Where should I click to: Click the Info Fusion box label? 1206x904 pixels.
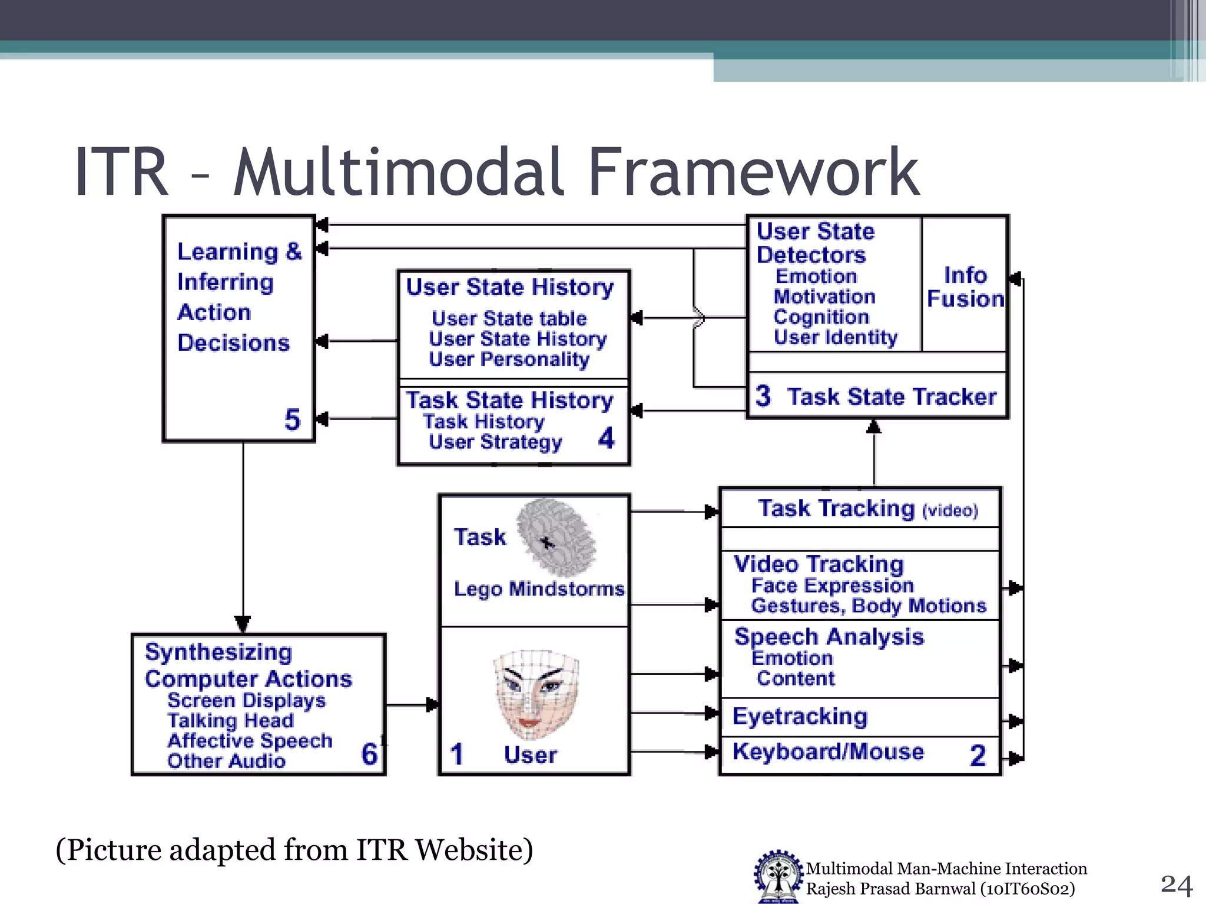point(965,287)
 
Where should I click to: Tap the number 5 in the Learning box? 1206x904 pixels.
point(292,420)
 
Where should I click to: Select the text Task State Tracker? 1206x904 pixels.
point(892,397)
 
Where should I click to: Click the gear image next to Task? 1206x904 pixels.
point(555,537)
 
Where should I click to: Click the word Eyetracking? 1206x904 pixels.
point(800,716)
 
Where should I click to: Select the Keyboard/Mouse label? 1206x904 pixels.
point(828,752)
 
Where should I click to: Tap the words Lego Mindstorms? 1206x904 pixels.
point(539,589)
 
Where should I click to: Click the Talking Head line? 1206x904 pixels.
point(230,720)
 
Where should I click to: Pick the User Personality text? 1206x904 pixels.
point(509,359)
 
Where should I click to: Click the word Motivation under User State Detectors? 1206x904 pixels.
point(824,297)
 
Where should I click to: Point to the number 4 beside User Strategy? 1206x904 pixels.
point(606,438)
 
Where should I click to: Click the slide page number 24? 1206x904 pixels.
point(1176,885)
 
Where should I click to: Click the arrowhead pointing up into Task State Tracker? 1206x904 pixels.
point(874,426)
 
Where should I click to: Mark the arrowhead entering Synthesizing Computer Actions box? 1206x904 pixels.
point(243,624)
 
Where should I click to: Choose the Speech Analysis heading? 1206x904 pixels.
point(829,637)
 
